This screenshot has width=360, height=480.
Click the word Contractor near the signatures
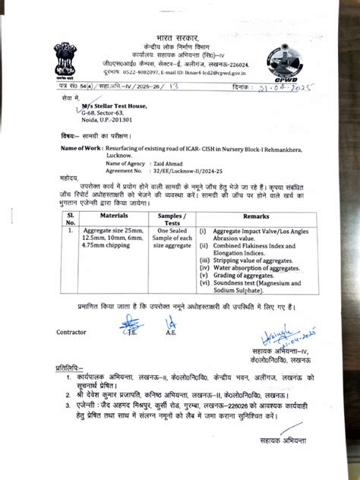[71, 333]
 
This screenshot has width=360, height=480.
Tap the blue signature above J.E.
[131, 323]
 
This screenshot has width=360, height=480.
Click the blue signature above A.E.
[170, 323]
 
